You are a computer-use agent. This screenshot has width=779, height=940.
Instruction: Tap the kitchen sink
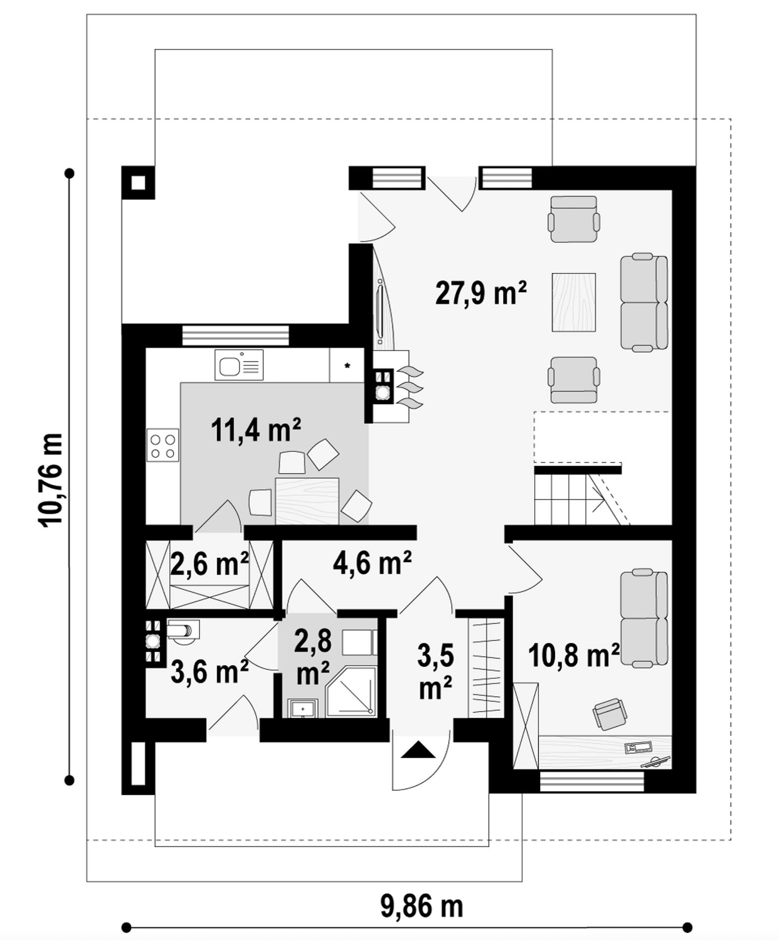tap(239, 365)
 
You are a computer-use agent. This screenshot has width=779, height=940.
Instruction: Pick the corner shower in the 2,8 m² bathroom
tap(351, 698)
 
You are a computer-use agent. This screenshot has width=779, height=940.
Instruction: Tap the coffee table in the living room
tap(573, 302)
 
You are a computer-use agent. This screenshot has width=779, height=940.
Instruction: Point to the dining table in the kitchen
tap(307, 501)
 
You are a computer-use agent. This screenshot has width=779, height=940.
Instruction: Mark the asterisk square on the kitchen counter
tap(347, 365)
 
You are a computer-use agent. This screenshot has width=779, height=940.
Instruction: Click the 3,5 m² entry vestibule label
tap(435, 672)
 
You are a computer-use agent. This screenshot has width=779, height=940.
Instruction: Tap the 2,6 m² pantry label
tap(209, 565)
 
